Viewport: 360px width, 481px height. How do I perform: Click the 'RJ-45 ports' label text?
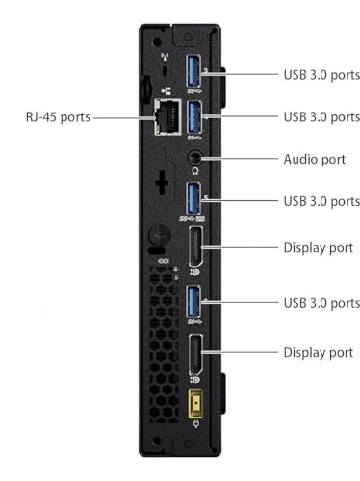tap(58, 117)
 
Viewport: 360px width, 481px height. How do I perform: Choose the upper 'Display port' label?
tap(319, 246)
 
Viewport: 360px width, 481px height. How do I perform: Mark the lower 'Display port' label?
tap(319, 352)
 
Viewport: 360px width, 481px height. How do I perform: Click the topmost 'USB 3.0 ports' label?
tap(321, 72)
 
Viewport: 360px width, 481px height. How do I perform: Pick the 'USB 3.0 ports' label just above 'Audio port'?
tap(321, 116)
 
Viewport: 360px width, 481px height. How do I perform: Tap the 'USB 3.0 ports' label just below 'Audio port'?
tap(321, 201)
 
